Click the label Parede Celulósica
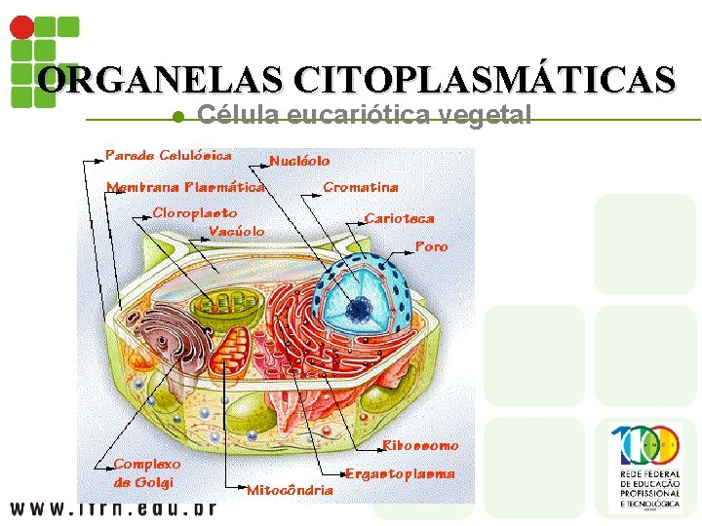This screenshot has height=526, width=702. click(169, 156)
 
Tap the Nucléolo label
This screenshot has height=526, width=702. click(299, 161)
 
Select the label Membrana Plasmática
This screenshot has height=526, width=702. click(185, 186)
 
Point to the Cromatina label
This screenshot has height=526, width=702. click(360, 187)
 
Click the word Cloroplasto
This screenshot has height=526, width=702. click(195, 212)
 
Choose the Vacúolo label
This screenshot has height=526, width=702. click(237, 231)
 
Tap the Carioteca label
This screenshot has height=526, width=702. click(399, 218)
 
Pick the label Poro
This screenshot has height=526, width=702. click(431, 247)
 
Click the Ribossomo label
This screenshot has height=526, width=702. click(420, 445)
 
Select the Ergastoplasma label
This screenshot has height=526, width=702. click(400, 473)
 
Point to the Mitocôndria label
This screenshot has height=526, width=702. click(290, 489)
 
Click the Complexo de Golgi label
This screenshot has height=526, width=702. click(146, 473)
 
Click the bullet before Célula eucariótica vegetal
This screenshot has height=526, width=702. click(177, 117)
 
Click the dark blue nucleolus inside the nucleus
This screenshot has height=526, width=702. click(361, 310)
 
